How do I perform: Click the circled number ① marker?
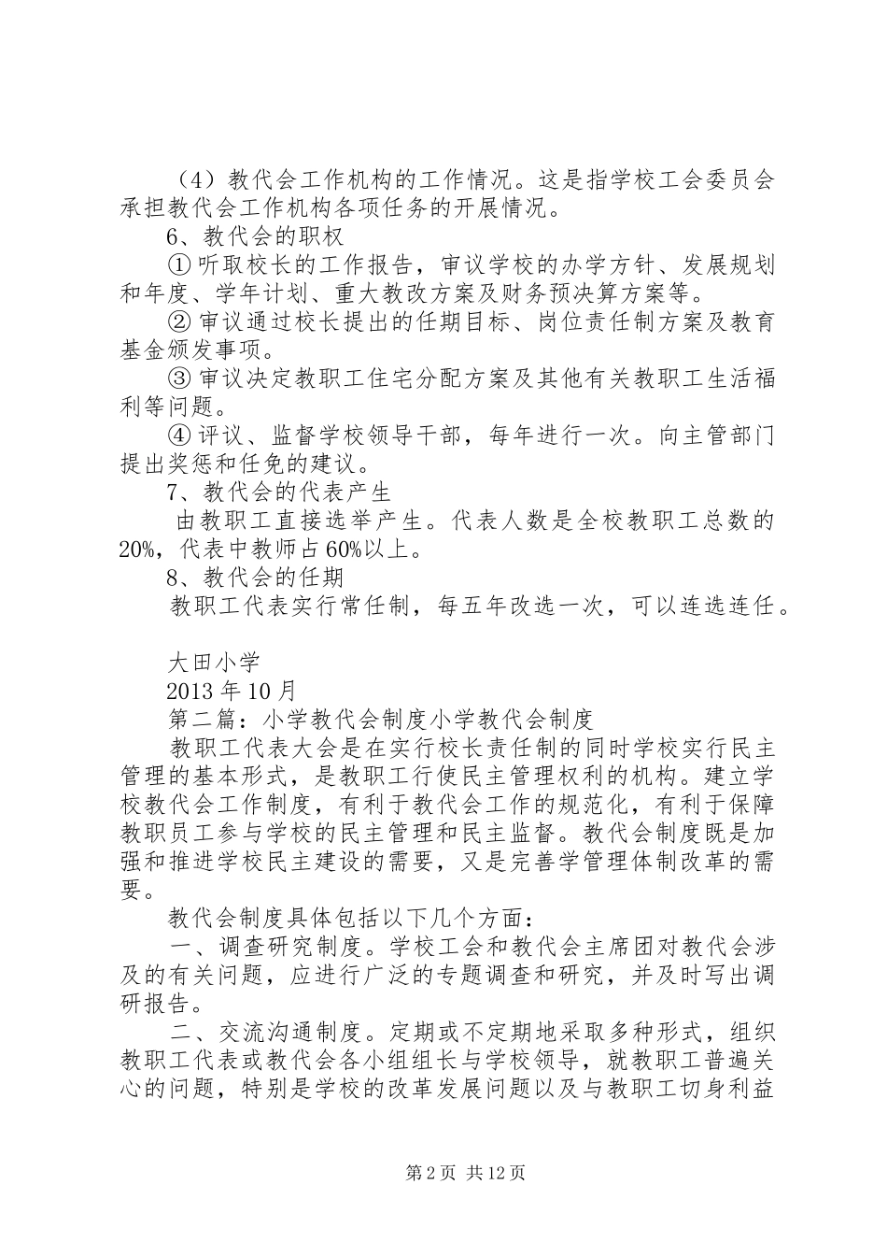pyautogui.click(x=181, y=264)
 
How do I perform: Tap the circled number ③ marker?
pyautogui.click(x=181, y=378)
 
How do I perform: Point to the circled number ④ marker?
pyautogui.click(x=181, y=435)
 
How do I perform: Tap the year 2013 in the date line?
pyautogui.click(x=190, y=691)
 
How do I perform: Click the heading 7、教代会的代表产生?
pyautogui.click(x=278, y=492)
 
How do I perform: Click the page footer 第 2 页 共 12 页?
pyautogui.click(x=464, y=1173)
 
